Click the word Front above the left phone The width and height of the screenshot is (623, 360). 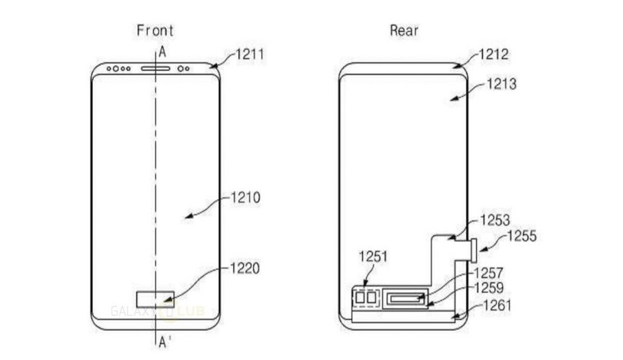click(155, 31)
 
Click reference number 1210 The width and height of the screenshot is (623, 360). click(246, 198)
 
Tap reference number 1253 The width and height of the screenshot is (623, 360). click(495, 219)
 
